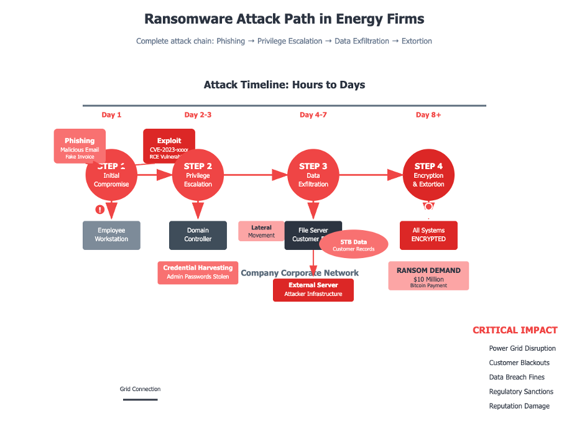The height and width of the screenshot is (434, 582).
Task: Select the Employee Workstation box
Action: [x=111, y=235]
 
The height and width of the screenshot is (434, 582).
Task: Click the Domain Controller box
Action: [x=198, y=235]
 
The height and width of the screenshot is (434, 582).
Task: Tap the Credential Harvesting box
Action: [x=198, y=272]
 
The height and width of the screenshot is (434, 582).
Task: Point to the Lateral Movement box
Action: [x=261, y=231]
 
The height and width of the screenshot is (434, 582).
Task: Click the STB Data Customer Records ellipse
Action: [x=353, y=245]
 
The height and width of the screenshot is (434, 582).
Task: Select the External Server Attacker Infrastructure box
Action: [x=313, y=290]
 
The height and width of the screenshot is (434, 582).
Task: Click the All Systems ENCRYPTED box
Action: [x=428, y=235]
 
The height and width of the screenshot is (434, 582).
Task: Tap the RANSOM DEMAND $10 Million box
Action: [x=428, y=275]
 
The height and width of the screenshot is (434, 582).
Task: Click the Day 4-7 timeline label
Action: [x=313, y=115]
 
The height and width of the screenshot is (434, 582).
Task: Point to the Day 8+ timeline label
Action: [x=428, y=115]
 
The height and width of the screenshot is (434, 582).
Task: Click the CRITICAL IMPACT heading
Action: [x=515, y=331]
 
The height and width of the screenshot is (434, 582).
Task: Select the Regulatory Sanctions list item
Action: [x=521, y=392]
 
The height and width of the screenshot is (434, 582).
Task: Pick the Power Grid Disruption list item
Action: [x=522, y=349]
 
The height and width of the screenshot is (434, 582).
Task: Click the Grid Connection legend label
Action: [x=140, y=389]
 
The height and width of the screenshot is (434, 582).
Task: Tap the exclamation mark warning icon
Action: [x=99, y=210]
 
